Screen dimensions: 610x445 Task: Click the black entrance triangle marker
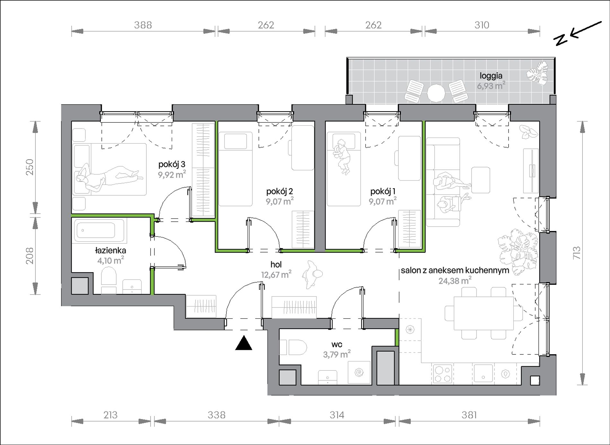[x=244, y=343]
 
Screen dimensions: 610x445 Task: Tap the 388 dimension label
[x=143, y=25]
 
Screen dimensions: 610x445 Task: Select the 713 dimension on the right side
[x=577, y=253]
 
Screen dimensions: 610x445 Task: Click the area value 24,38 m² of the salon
[x=455, y=280]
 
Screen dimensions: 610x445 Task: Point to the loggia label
[x=491, y=76]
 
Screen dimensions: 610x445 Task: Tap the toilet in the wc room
[x=293, y=347]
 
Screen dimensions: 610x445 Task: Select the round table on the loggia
[x=436, y=93]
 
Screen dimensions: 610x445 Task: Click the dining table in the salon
[x=484, y=313]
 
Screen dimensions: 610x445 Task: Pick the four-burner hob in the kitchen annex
[x=442, y=374]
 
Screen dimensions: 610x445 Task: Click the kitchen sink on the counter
[x=483, y=373]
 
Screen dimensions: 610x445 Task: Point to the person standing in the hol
[x=312, y=274]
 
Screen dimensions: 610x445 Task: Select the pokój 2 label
[x=279, y=191]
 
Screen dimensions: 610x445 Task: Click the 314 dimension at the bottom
[x=337, y=415]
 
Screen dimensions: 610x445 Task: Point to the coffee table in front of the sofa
[x=481, y=180]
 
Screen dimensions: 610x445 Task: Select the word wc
[x=337, y=345]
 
